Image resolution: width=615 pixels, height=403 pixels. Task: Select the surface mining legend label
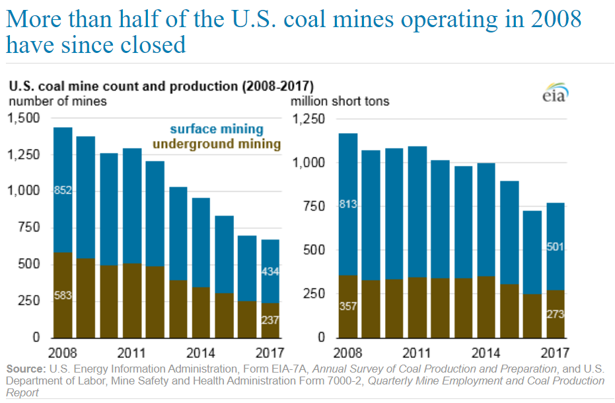point(216,130)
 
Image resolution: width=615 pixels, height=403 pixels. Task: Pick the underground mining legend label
point(217,144)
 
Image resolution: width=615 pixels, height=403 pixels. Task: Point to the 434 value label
point(271,272)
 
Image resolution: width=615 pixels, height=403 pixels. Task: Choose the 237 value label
point(271,320)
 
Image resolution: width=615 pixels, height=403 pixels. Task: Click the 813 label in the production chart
point(347,204)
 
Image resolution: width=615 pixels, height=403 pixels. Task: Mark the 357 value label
point(347,306)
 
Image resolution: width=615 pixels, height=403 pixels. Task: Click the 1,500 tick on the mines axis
point(24,118)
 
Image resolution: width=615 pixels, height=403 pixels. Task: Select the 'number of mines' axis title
point(57,101)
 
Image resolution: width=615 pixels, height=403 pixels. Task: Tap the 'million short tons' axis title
point(340,101)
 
